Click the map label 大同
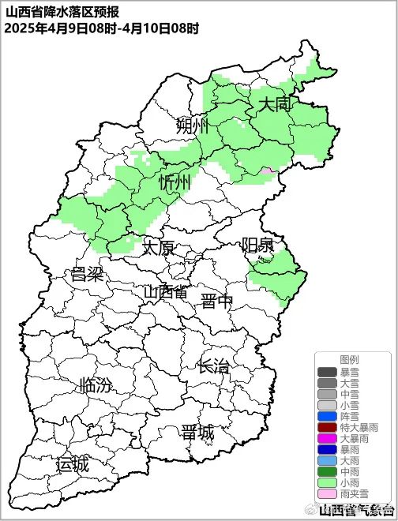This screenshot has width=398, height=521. [274, 103]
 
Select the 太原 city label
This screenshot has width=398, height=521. [158, 248]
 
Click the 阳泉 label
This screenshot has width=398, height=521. [257, 245]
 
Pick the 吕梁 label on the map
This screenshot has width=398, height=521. [87, 275]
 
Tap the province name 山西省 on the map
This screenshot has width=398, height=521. [165, 292]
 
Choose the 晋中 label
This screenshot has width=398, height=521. [216, 301]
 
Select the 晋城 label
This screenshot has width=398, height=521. [197, 433]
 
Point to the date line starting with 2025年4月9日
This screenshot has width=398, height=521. [101, 28]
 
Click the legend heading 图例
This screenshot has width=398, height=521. [349, 359]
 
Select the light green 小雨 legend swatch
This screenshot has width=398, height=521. [327, 482]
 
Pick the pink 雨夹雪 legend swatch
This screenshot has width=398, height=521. [327, 493]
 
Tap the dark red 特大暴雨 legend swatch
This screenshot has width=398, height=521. [327, 427]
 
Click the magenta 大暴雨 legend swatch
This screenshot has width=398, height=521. [327, 438]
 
